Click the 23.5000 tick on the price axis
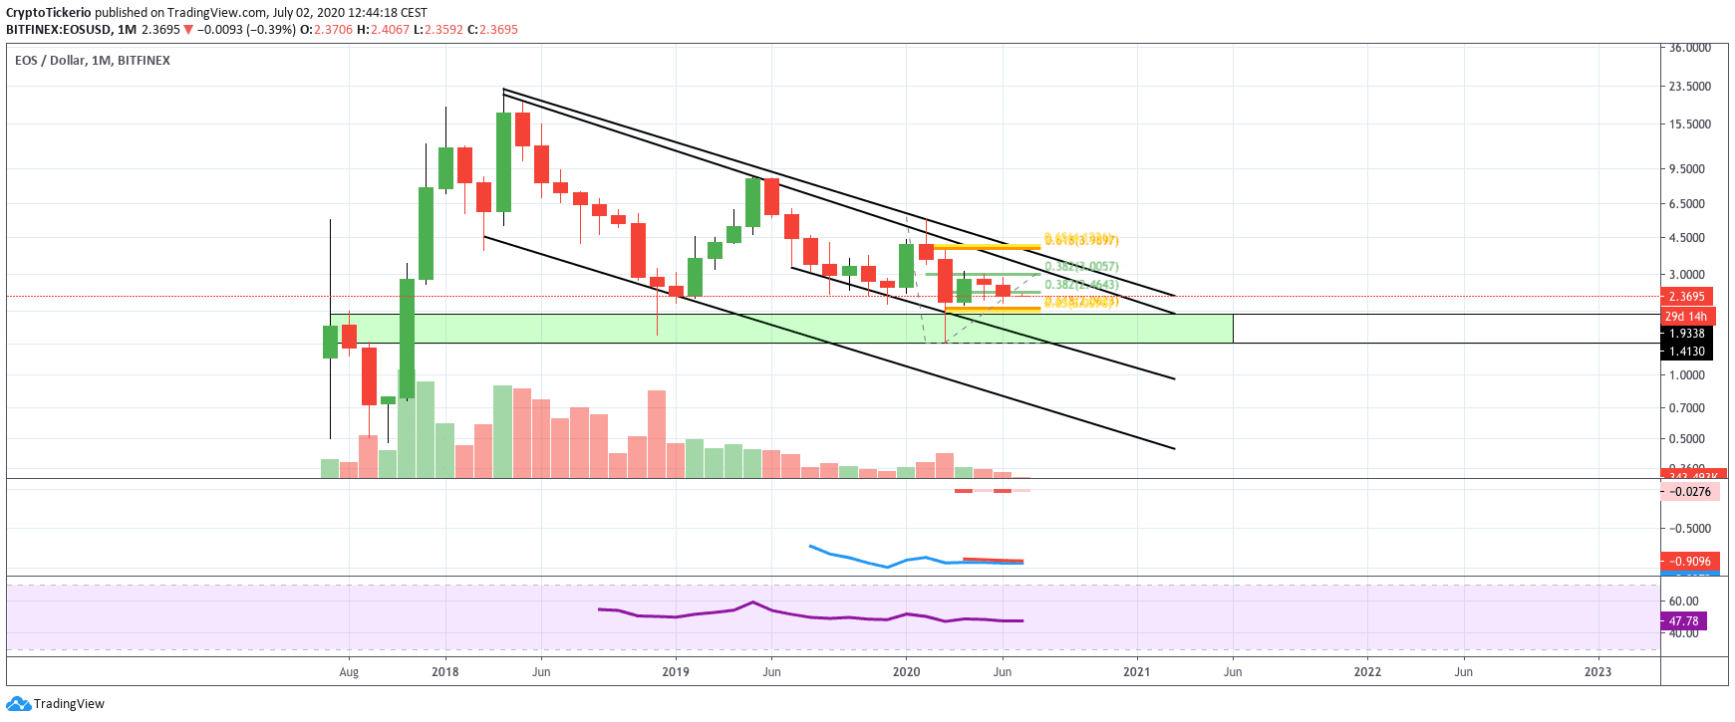click(1689, 87)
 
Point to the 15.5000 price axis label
click(1689, 124)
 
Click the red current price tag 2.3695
click(1686, 297)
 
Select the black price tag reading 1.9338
click(1686, 334)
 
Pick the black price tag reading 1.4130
click(1686, 351)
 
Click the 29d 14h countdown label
click(1686, 317)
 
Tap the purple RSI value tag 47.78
click(1683, 621)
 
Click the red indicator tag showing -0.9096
click(1689, 562)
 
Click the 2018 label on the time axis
click(445, 672)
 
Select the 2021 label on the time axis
click(1136, 672)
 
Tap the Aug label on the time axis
click(349, 672)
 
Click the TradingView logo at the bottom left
click(56, 704)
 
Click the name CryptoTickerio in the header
click(48, 13)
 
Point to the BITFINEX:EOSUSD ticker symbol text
click(58, 30)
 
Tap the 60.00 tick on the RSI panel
click(1683, 602)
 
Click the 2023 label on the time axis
click(1597, 672)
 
